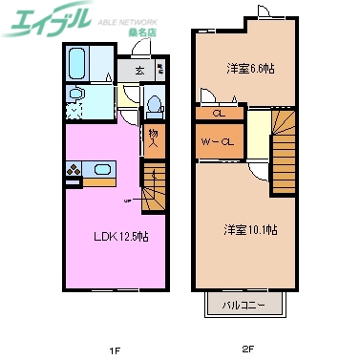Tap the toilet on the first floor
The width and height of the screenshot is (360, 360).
(x=153, y=102)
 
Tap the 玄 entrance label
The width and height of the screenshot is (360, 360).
(x=139, y=70)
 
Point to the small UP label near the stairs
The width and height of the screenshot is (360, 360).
(x=126, y=201)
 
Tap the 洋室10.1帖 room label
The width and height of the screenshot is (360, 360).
(x=250, y=229)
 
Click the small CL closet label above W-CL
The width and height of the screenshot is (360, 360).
(x=219, y=113)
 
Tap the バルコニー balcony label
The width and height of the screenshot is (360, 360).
(x=244, y=306)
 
